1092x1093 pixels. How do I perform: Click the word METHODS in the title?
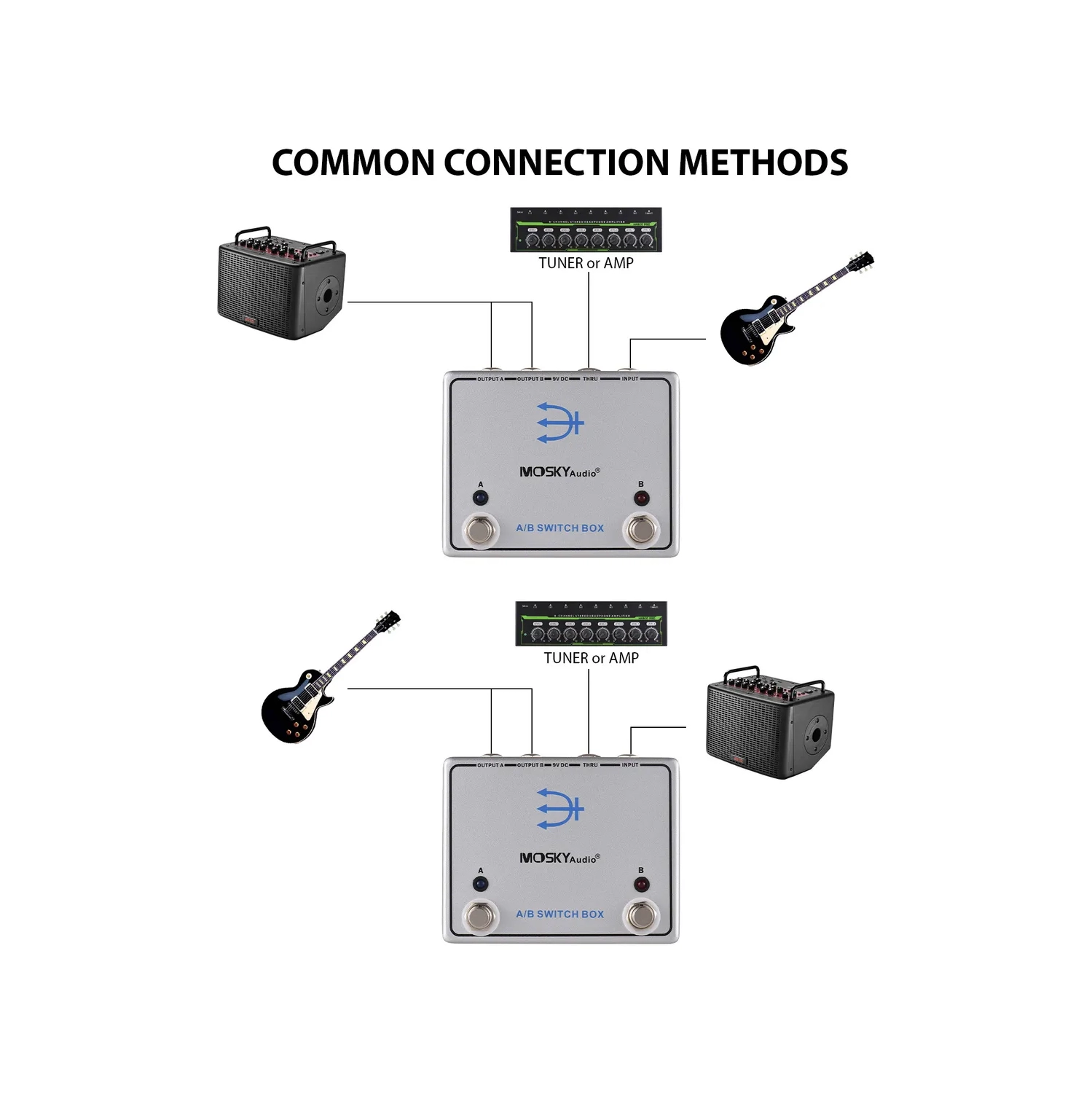763,162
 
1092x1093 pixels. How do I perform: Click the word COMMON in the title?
353,162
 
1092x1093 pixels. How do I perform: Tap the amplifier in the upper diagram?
282,284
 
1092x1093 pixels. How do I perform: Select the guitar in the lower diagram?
328,678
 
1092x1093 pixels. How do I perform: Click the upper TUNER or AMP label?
586,263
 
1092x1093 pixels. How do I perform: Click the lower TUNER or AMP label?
591,658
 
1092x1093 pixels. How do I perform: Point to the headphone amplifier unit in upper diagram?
586,230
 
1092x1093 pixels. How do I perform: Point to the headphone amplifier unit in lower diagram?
591,624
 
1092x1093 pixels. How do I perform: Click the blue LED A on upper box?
480,498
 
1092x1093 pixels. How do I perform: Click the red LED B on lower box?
641,885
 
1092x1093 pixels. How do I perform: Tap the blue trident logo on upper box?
559,423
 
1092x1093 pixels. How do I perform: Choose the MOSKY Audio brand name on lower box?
559,858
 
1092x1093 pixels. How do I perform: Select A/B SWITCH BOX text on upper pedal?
559,528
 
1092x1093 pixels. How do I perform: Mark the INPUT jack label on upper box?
629,379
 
